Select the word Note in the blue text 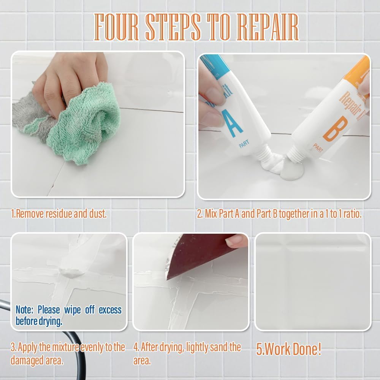tap(24, 310)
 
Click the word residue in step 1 tap(59, 214)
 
